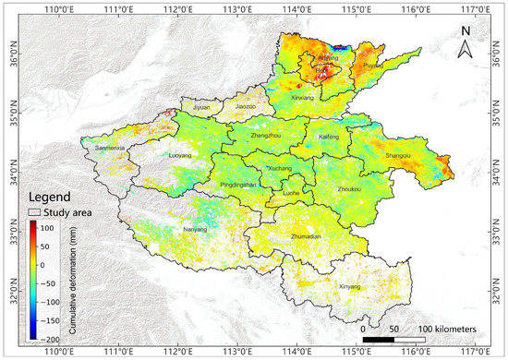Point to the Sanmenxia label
point(114,148)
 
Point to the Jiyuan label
point(205,107)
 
